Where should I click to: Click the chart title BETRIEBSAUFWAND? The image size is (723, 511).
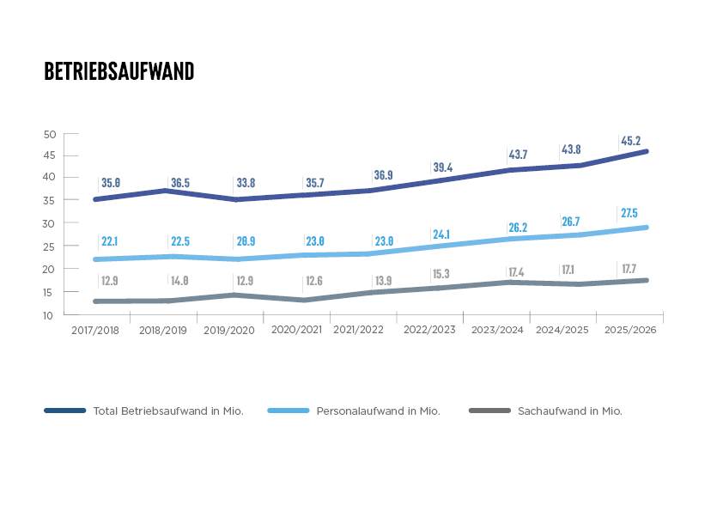[x=119, y=71]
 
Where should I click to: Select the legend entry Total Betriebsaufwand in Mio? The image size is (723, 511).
[x=168, y=411]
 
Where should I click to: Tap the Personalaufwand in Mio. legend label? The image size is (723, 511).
[x=378, y=411]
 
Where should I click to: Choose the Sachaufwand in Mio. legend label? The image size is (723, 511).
[x=570, y=411]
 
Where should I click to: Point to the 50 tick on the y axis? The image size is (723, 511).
[x=50, y=135]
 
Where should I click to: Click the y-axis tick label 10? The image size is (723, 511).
[x=48, y=316]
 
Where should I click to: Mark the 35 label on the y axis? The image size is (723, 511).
[x=49, y=201]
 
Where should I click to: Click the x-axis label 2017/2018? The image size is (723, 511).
[x=95, y=330]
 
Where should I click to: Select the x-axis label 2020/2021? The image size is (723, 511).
[x=296, y=329]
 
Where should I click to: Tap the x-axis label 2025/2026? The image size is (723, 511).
[x=630, y=330]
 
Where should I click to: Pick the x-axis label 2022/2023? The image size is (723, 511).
[x=429, y=330]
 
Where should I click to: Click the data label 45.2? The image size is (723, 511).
[x=631, y=141]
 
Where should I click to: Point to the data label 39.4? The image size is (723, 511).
[x=443, y=167]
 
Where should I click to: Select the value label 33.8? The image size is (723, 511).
[x=246, y=183]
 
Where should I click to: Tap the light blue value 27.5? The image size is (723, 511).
[x=629, y=213]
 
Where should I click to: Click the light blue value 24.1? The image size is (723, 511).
[x=441, y=234]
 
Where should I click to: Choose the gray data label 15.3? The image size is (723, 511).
[x=441, y=274]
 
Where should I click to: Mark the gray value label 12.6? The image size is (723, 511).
[x=314, y=280]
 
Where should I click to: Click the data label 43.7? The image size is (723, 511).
[x=518, y=155]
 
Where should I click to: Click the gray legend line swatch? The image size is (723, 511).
[x=489, y=411]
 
